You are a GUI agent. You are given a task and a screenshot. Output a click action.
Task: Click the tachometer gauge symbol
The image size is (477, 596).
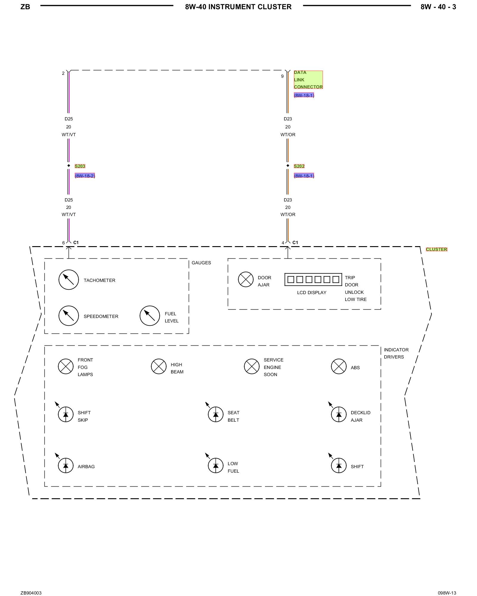pos(69,280)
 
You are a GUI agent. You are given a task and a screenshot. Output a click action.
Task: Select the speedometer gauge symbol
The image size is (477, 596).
pos(69,316)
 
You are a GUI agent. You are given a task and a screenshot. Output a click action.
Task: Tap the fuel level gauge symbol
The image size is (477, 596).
pos(150,316)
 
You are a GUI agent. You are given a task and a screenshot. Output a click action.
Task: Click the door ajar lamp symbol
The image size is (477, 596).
pos(246,280)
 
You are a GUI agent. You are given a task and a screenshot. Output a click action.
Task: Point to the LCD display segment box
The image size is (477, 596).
pos(313,280)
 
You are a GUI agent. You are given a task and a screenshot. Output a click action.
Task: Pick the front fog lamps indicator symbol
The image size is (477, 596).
pos(66,366)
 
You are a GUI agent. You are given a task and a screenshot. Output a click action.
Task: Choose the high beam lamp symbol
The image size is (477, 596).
pos(159,366)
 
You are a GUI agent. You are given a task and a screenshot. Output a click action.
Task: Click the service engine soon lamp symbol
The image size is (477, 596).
pos(252,366)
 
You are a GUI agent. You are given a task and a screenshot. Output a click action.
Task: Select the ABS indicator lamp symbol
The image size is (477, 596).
pos(339,366)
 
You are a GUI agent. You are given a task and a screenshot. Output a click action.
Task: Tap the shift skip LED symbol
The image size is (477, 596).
pos(66,414)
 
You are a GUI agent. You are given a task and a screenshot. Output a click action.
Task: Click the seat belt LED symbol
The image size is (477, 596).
pos(216,414)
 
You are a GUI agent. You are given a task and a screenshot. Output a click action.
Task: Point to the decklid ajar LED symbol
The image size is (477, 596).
pos(339,414)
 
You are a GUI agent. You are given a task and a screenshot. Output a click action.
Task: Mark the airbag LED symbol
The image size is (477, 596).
pos(66,465)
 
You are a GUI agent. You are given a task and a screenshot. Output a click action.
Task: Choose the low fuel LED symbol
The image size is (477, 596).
pos(216,465)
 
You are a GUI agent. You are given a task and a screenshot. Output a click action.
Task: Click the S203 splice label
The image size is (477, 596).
pos(80,166)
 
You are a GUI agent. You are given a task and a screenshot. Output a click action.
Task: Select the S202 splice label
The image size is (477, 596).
pos(299,166)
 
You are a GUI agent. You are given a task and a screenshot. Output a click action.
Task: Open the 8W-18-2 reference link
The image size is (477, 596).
pos(85,176)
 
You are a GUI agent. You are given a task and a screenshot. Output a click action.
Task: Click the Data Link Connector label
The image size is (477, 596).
pos(308,80)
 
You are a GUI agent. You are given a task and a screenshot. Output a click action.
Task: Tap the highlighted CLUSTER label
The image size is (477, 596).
pos(436,249)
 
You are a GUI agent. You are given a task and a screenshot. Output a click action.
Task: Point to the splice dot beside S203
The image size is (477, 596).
pos(69,165)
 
